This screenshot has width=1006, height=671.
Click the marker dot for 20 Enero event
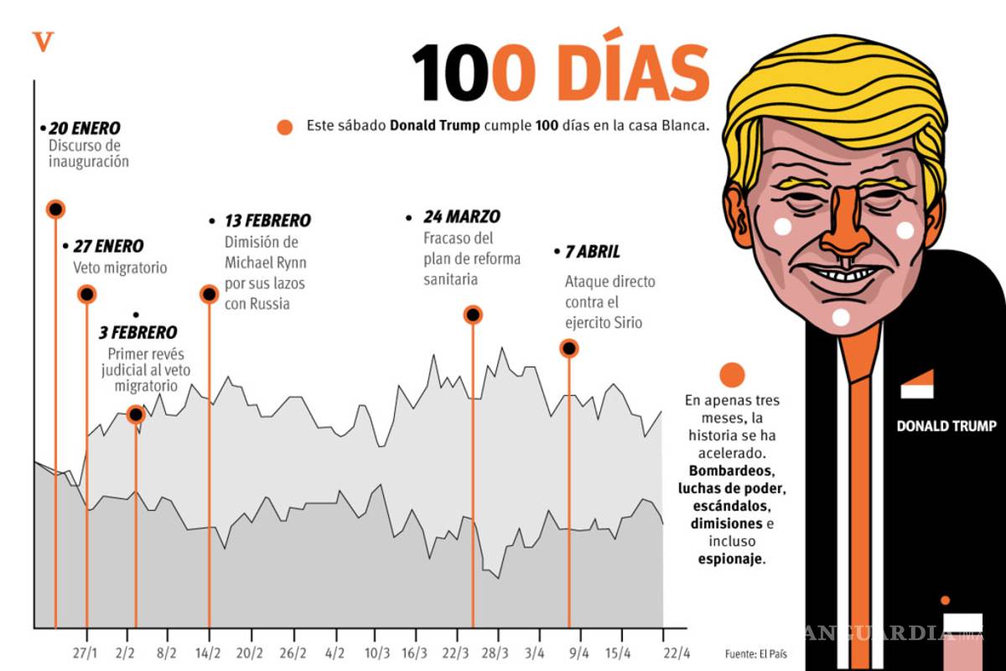pos(55,209)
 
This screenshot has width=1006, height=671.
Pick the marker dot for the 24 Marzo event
pos(473,315)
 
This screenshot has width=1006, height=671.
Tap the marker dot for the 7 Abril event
pos(569,347)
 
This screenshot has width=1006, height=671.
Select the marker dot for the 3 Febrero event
pos(136,414)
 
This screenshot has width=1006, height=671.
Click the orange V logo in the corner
pos(42,41)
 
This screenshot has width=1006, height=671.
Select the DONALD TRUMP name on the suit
pos(946,426)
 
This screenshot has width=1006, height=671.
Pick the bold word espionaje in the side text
pos(731,558)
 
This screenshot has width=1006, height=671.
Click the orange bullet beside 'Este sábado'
pos(285,127)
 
